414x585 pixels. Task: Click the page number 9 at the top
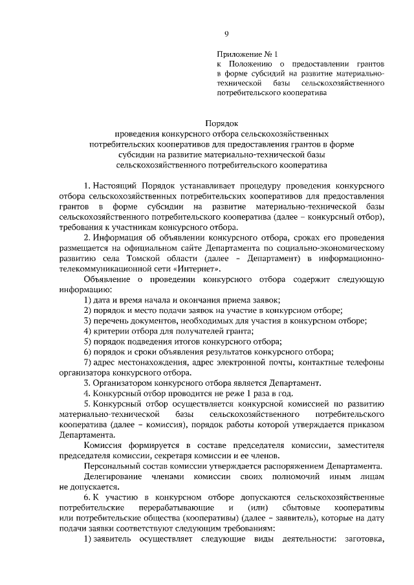pos(226,34)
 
